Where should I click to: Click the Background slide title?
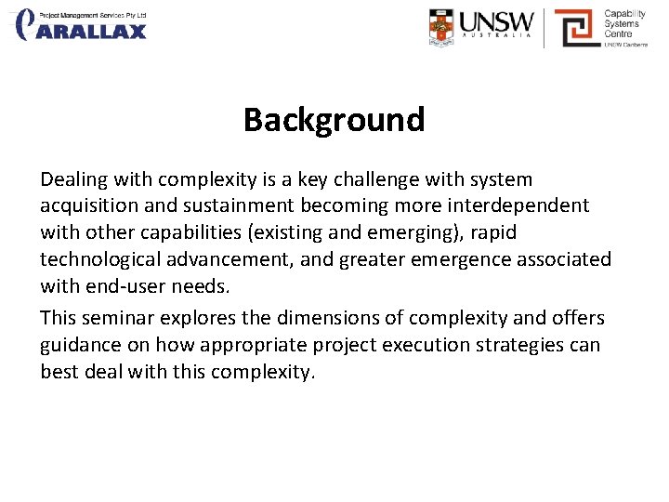[x=334, y=120]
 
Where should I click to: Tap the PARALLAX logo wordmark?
[x=91, y=32]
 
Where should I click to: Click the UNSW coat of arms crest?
[x=442, y=27]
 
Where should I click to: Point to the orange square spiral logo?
[x=575, y=28]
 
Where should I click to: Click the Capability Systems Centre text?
[x=625, y=24]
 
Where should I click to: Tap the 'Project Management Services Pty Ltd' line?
[x=92, y=14]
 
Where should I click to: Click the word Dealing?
[x=74, y=179]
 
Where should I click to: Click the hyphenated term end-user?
[x=125, y=286]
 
